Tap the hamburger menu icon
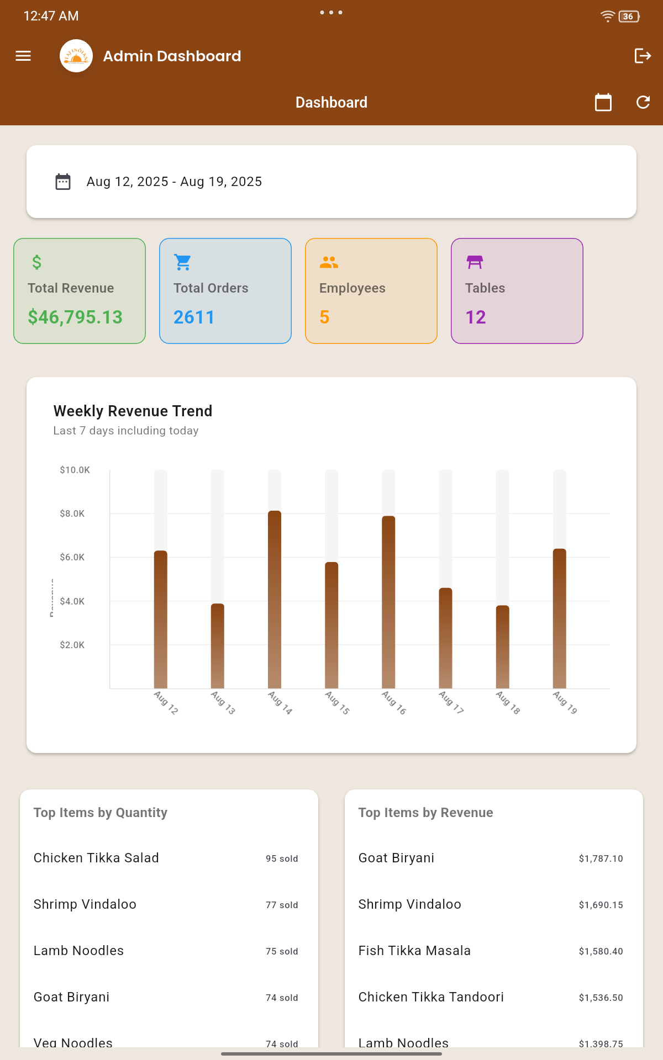pyautogui.click(x=23, y=56)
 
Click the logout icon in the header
pyautogui.click(x=643, y=56)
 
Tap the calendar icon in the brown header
pyautogui.click(x=603, y=102)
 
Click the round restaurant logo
pyautogui.click(x=76, y=56)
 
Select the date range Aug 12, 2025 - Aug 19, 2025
pyautogui.click(x=174, y=182)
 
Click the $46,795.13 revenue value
pyautogui.click(x=75, y=317)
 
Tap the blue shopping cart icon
pyautogui.click(x=183, y=262)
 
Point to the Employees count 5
pyautogui.click(x=324, y=317)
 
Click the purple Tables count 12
pyautogui.click(x=476, y=317)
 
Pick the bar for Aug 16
pyautogui.click(x=388, y=602)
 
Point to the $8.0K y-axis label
pyautogui.click(x=72, y=513)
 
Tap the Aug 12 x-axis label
pyautogui.click(x=166, y=702)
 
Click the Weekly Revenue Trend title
pyautogui.click(x=133, y=411)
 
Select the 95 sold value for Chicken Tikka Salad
pyautogui.click(x=282, y=858)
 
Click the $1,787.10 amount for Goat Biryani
pyautogui.click(x=601, y=858)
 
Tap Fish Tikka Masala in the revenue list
pyautogui.click(x=414, y=951)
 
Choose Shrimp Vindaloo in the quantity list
pyautogui.click(x=85, y=904)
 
